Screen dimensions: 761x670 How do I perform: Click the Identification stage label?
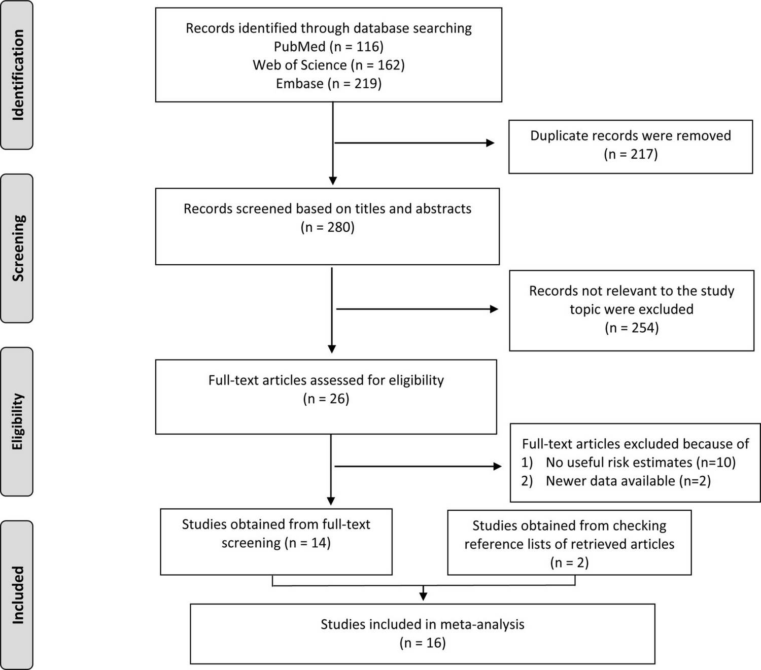pyautogui.click(x=18, y=75)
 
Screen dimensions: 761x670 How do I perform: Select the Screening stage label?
pyautogui.click(x=18, y=248)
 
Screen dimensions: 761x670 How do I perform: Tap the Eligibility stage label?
pyautogui.click(x=18, y=421)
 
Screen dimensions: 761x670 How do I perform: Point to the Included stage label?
pyautogui.click(x=18, y=595)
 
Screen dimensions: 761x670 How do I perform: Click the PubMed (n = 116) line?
pyautogui.click(x=329, y=47)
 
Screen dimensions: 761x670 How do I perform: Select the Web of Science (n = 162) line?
pyautogui.click(x=329, y=65)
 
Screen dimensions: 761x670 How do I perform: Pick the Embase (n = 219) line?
pyautogui.click(x=329, y=83)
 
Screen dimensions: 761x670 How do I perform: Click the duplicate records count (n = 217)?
pyautogui.click(x=631, y=154)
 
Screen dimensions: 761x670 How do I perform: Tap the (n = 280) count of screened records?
pyautogui.click(x=328, y=227)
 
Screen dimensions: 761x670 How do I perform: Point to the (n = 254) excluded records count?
pyautogui.click(x=632, y=328)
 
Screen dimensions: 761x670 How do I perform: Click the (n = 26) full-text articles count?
pyautogui.click(x=326, y=399)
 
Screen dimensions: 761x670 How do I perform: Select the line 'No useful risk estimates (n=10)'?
pyautogui.click(x=640, y=463)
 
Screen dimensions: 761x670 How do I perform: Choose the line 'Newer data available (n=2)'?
pyautogui.click(x=628, y=481)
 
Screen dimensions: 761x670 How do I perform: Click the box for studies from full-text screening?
pyautogui.click(x=276, y=542)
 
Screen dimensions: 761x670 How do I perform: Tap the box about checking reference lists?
pyautogui.click(x=569, y=542)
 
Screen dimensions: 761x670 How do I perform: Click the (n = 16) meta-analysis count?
pyautogui.click(x=423, y=643)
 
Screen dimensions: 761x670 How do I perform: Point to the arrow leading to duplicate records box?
pyautogui.click(x=414, y=143)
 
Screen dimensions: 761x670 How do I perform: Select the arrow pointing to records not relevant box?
pyautogui.click(x=417, y=309)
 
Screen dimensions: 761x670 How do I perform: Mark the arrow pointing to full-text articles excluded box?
pyautogui.click(x=418, y=467)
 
